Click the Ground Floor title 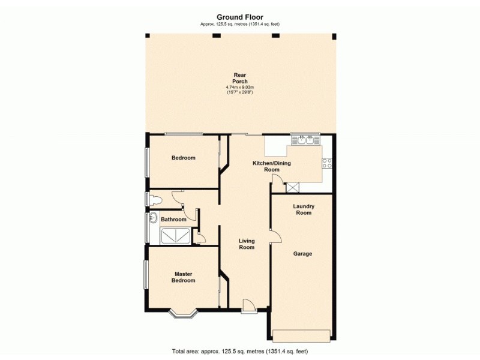pos(239,17)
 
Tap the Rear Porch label pos(240,78)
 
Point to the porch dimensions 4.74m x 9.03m pos(240,88)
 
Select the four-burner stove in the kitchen pos(328,162)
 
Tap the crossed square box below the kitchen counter pos(293,187)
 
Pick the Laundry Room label pos(302,209)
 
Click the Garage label pos(302,254)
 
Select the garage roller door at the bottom pos(302,334)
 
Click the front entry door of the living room pos(249,308)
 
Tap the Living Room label pos(247,244)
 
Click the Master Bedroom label pos(184,277)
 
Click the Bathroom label pos(173,220)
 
